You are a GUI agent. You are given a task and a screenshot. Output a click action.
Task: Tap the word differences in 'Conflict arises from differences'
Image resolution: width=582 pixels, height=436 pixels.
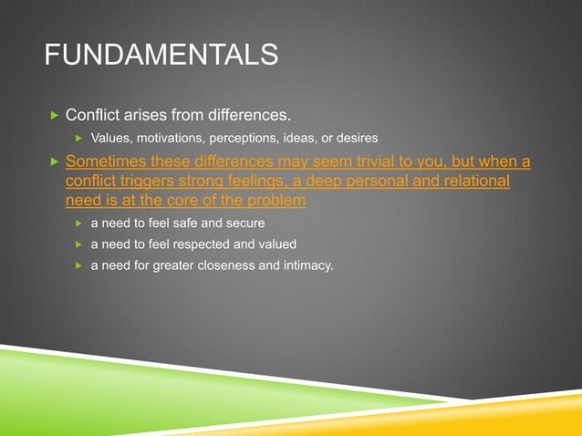(x=250, y=116)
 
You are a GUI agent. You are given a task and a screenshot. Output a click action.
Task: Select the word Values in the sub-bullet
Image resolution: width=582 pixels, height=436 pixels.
(x=110, y=138)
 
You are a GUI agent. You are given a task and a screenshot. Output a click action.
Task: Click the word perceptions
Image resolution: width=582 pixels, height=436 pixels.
(x=250, y=138)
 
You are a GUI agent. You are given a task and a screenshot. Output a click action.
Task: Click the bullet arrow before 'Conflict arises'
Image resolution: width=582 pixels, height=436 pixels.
(x=54, y=116)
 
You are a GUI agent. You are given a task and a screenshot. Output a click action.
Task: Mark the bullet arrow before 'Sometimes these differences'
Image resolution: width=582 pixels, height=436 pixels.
(x=54, y=162)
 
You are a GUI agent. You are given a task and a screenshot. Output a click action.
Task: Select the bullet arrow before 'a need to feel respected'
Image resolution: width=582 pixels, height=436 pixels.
(x=78, y=244)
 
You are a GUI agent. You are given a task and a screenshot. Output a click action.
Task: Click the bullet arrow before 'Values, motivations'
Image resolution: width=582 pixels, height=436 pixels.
(x=78, y=138)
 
